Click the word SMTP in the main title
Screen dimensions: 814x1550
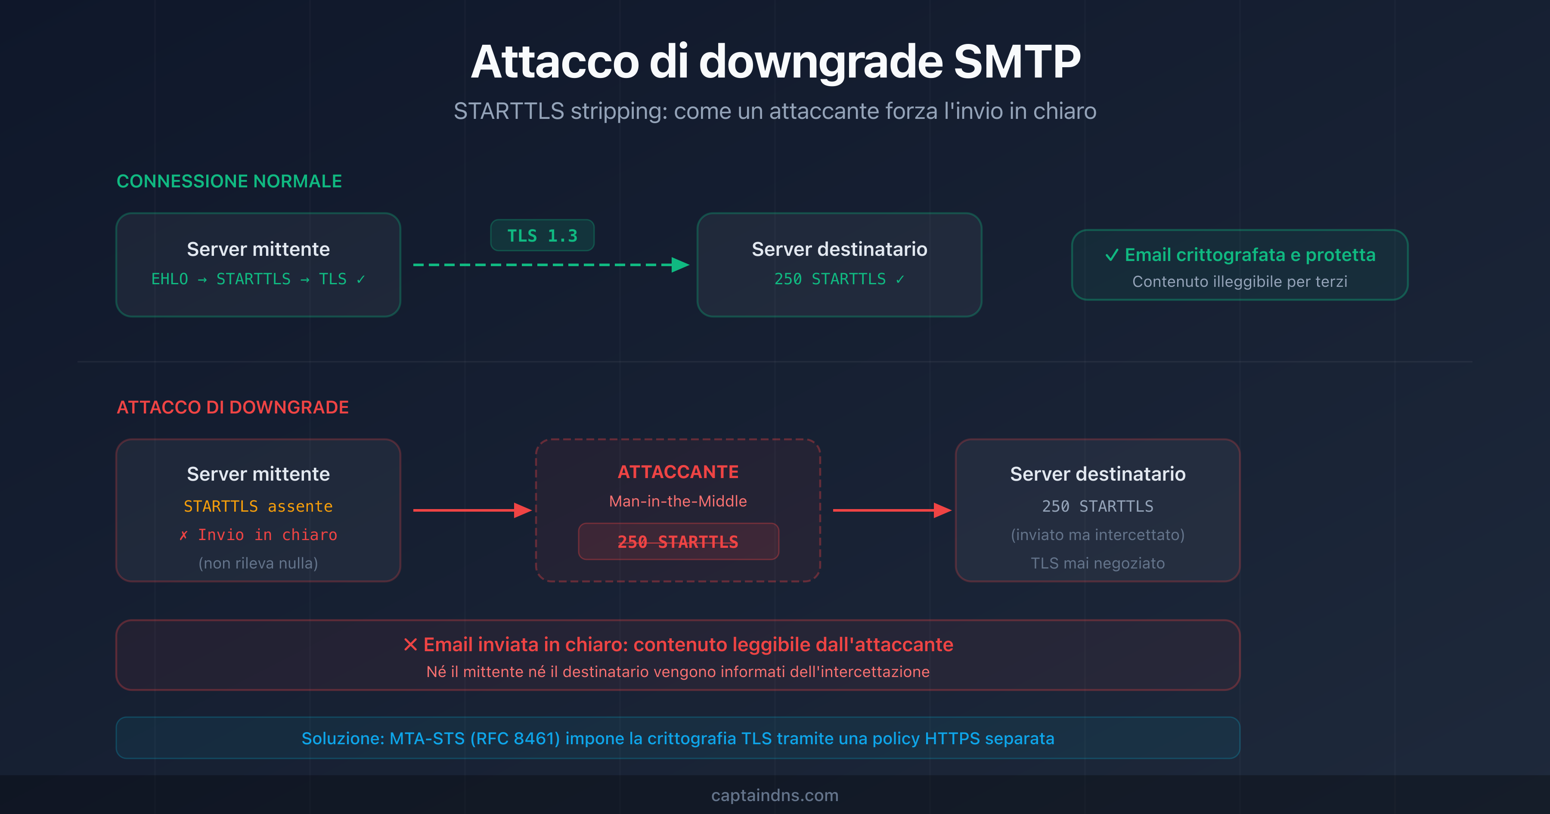(x=1017, y=62)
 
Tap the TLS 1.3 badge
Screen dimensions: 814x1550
(x=542, y=236)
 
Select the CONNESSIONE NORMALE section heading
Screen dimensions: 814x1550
(x=229, y=181)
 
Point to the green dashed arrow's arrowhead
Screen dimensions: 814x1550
(x=680, y=265)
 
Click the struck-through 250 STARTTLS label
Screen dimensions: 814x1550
(x=678, y=542)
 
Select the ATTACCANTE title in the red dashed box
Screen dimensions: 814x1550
(x=678, y=472)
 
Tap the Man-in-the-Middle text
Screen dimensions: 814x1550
(x=678, y=501)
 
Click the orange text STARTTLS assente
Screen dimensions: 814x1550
(x=258, y=506)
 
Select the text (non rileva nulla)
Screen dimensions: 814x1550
(x=258, y=563)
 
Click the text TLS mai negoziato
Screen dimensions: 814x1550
(x=1097, y=563)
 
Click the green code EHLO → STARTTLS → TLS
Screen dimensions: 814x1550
(x=257, y=280)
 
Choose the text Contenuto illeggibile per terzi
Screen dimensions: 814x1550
(x=1240, y=282)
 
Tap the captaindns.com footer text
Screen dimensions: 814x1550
(x=775, y=795)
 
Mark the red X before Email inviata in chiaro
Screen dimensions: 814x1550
(x=410, y=645)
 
